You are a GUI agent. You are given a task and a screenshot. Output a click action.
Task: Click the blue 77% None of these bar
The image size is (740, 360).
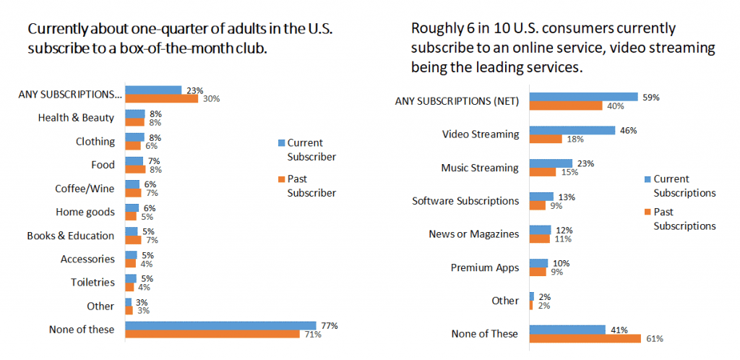(220, 325)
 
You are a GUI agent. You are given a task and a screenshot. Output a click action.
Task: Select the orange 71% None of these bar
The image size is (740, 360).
(212, 334)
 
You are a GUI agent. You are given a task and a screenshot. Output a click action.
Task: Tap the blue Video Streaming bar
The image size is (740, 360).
(572, 130)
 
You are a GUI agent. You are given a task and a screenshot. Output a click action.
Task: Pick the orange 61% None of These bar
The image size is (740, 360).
(585, 338)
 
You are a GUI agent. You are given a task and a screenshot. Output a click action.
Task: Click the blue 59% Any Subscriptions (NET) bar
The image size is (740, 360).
(583, 97)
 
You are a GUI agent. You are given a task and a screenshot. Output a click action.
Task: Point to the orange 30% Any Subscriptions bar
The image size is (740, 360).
(161, 98)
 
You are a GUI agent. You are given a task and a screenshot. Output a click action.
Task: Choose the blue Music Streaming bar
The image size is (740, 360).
(551, 163)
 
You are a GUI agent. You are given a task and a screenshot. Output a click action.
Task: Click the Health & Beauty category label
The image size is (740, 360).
(76, 118)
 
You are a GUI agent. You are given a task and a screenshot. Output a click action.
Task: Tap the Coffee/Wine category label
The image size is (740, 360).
(85, 189)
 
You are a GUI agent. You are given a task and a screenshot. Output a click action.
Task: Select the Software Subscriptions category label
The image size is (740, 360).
(465, 201)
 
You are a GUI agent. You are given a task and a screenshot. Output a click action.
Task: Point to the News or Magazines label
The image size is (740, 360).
(474, 234)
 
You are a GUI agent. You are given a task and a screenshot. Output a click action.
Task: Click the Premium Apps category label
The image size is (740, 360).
(485, 267)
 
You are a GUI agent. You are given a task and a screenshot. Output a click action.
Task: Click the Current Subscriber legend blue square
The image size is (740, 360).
(281, 142)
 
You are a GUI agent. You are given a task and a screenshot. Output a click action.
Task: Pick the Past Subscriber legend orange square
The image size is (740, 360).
(281, 179)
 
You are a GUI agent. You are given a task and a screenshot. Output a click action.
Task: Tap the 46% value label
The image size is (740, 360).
(626, 130)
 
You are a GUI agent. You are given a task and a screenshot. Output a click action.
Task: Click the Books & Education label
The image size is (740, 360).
(71, 236)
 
